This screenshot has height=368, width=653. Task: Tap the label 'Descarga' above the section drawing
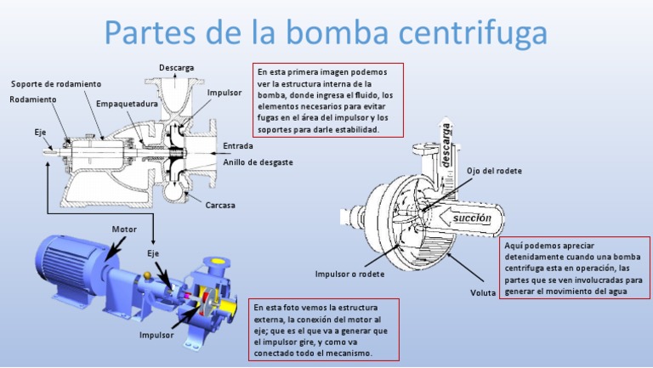(176, 67)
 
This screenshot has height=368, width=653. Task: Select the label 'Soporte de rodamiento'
(56, 84)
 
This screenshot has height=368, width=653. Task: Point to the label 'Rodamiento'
(33, 99)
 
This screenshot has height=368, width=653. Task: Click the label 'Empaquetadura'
(127, 104)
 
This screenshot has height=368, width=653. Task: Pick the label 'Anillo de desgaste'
(258, 161)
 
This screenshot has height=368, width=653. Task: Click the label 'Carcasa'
(220, 205)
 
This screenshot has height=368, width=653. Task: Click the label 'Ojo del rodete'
(494, 171)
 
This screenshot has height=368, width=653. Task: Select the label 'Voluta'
(483, 293)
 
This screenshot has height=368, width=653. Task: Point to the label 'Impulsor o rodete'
(349, 275)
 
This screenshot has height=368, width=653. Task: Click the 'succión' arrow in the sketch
(469, 218)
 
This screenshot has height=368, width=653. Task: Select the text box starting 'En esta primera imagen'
(327, 99)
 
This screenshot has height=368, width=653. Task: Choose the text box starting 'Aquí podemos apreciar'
(574, 268)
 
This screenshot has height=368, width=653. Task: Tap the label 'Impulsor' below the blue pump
(156, 335)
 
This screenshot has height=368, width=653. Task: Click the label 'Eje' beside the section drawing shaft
(40, 133)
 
